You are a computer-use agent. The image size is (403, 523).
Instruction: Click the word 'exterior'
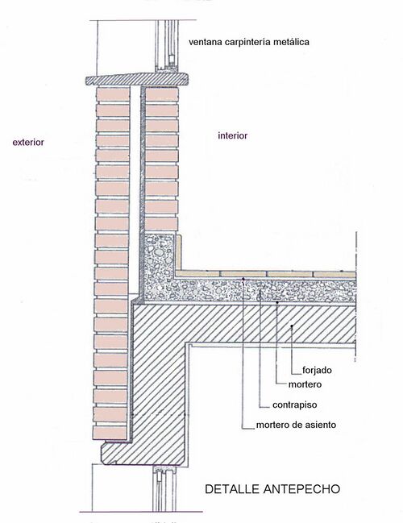[x=28, y=143]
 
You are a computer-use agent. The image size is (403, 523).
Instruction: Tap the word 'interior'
[x=232, y=135]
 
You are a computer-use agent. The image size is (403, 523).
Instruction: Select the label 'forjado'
[x=317, y=370]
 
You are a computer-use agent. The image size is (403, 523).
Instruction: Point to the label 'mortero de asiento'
[x=296, y=425]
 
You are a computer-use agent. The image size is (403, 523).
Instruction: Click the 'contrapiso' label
[x=294, y=405]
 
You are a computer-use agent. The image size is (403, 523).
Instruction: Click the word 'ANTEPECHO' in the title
[x=302, y=489]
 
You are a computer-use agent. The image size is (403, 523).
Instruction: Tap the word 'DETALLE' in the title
[x=232, y=489]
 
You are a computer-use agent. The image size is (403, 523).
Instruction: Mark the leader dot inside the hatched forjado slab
[x=292, y=326]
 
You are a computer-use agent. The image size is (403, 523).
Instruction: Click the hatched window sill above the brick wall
[x=137, y=79]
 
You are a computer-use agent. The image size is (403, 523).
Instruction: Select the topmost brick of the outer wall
[x=113, y=94]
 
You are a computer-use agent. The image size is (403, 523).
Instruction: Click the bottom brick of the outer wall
[x=110, y=433]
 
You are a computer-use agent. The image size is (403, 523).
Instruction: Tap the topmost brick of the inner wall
[x=161, y=94]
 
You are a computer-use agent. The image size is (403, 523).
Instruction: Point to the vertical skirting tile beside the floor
[x=178, y=253]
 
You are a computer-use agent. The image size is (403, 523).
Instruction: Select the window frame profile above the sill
[x=167, y=46]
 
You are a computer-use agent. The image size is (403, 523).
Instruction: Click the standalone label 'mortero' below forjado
[x=305, y=384]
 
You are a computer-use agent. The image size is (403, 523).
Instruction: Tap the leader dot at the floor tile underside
[x=243, y=279]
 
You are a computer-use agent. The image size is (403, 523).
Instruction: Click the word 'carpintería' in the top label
[x=247, y=42]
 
